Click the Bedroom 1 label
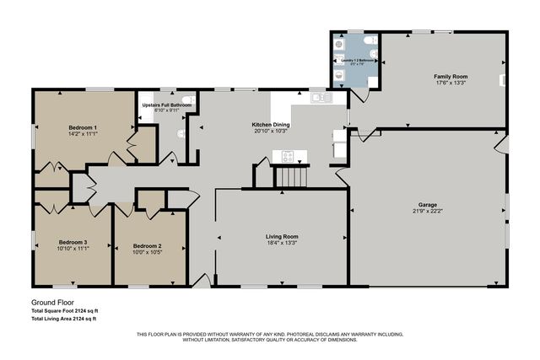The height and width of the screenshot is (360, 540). [83, 126]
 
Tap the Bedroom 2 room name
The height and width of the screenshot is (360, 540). [147, 246]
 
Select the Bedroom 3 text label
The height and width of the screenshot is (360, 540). [73, 243]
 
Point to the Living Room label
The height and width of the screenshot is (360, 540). [282, 237]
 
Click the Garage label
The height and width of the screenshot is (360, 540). [429, 205]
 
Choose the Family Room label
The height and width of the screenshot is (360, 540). [451, 77]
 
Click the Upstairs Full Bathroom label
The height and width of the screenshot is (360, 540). [167, 105]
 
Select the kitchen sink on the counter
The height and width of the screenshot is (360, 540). [321, 99]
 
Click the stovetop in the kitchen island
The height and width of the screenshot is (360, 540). [288, 155]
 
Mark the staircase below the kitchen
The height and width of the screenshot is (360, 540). [293, 177]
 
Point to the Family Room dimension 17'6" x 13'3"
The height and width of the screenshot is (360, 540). [451, 83]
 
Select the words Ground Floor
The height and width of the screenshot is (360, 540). [50, 302]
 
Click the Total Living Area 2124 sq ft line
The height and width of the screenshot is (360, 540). [64, 319]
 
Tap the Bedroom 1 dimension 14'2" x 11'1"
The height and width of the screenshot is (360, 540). [83, 133]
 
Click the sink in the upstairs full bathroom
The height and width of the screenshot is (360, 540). [187, 100]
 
